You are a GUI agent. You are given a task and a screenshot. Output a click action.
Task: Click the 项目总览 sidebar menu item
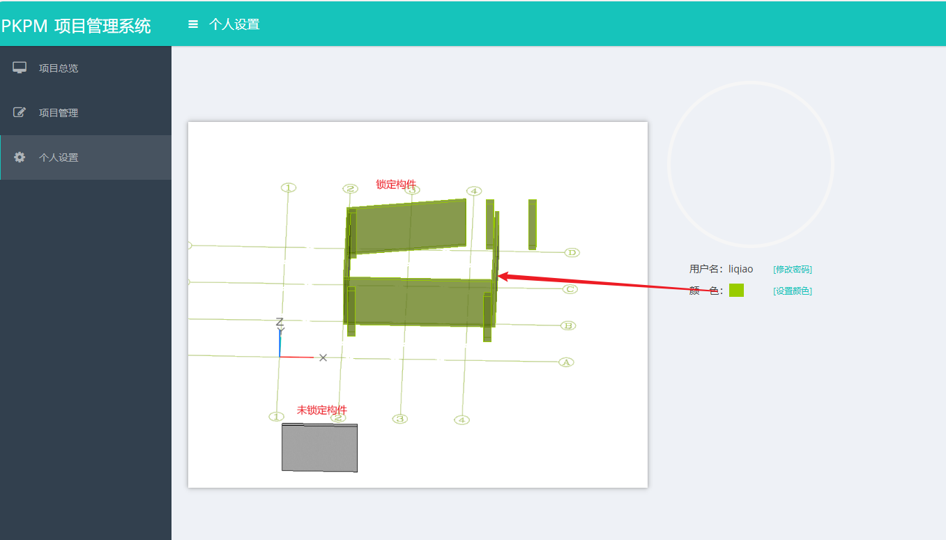click(59, 68)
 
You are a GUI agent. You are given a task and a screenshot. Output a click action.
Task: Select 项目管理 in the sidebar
click(59, 113)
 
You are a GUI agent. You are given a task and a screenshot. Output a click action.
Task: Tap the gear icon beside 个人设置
click(20, 157)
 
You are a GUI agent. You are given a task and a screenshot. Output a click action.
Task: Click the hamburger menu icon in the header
click(193, 24)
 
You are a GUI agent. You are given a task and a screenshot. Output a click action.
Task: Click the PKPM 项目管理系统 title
click(76, 26)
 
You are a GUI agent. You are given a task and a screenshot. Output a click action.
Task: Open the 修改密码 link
click(792, 270)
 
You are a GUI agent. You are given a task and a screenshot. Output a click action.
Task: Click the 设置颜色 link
click(792, 291)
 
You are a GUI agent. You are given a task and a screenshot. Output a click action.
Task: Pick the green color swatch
click(736, 290)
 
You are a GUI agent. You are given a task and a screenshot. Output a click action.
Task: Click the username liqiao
click(740, 269)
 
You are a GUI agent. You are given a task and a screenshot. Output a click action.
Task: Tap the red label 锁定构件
click(396, 184)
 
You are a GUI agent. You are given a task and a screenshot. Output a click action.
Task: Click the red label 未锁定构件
click(322, 410)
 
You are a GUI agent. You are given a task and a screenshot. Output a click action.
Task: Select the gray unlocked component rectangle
click(320, 447)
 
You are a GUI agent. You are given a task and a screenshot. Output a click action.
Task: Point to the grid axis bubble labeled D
click(572, 252)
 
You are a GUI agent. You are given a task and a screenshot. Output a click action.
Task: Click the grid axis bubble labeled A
click(566, 362)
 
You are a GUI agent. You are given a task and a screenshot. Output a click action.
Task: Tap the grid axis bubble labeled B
click(568, 325)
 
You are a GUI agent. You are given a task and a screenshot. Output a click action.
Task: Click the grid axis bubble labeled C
click(570, 289)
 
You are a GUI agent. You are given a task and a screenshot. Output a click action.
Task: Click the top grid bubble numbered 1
click(289, 187)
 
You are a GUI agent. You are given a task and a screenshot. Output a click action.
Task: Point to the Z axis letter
click(280, 322)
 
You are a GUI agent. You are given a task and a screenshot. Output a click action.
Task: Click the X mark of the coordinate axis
click(323, 357)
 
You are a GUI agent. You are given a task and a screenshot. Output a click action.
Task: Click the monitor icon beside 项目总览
click(20, 68)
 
